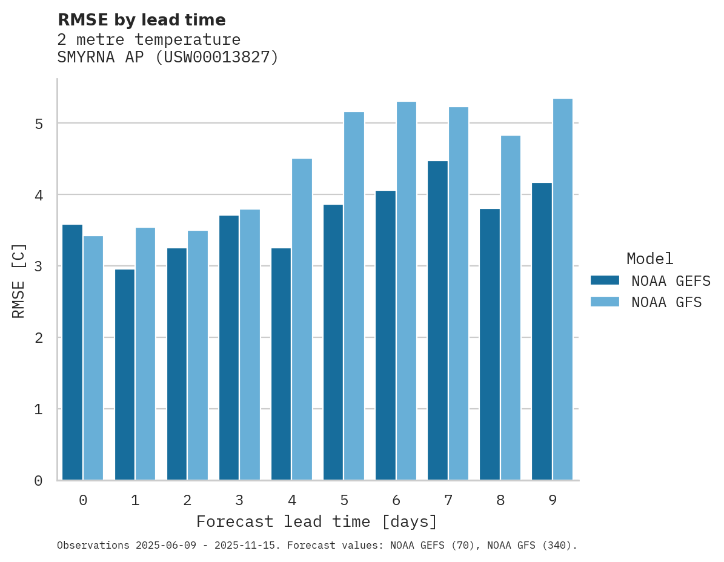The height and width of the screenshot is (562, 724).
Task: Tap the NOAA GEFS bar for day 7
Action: tap(437, 320)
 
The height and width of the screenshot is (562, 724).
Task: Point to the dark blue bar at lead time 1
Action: tap(124, 375)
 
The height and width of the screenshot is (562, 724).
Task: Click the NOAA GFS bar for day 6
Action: tap(406, 291)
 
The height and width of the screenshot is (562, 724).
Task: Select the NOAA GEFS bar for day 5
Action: tap(333, 342)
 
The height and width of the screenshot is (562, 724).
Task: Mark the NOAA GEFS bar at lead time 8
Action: tap(490, 345)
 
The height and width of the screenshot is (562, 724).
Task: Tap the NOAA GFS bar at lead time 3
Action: tap(250, 345)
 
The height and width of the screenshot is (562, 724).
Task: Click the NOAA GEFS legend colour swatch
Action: tap(605, 280)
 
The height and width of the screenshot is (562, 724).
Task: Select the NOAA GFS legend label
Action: tap(666, 302)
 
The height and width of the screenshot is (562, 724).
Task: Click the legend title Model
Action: tap(649, 259)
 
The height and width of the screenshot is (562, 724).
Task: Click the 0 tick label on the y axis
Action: tap(38, 481)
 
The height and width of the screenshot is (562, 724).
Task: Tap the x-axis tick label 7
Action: tap(448, 500)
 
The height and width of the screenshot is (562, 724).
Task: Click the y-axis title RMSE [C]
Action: tap(19, 280)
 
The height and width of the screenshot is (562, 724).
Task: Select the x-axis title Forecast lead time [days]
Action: tap(317, 521)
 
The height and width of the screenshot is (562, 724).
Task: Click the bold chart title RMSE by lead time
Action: tap(141, 20)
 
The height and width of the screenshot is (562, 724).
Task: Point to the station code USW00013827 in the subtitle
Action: tap(216, 58)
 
